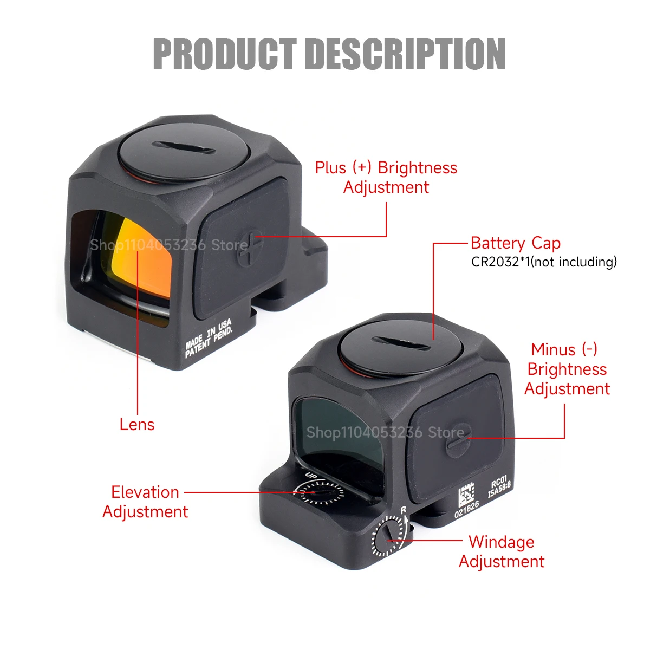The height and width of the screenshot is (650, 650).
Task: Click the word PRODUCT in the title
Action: (225, 54)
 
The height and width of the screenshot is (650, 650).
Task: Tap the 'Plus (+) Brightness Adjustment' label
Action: (386, 178)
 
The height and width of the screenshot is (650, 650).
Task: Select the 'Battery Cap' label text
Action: (516, 243)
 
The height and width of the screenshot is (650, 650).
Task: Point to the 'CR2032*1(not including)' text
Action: (544, 262)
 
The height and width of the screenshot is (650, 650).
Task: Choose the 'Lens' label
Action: (137, 424)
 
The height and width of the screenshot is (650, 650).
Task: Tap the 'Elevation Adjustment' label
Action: (145, 502)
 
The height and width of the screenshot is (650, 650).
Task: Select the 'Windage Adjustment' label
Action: (502, 552)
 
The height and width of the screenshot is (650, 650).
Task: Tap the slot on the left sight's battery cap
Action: (184, 148)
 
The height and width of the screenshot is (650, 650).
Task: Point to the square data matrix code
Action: (466, 495)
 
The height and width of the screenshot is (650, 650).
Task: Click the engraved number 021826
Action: (467, 509)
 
